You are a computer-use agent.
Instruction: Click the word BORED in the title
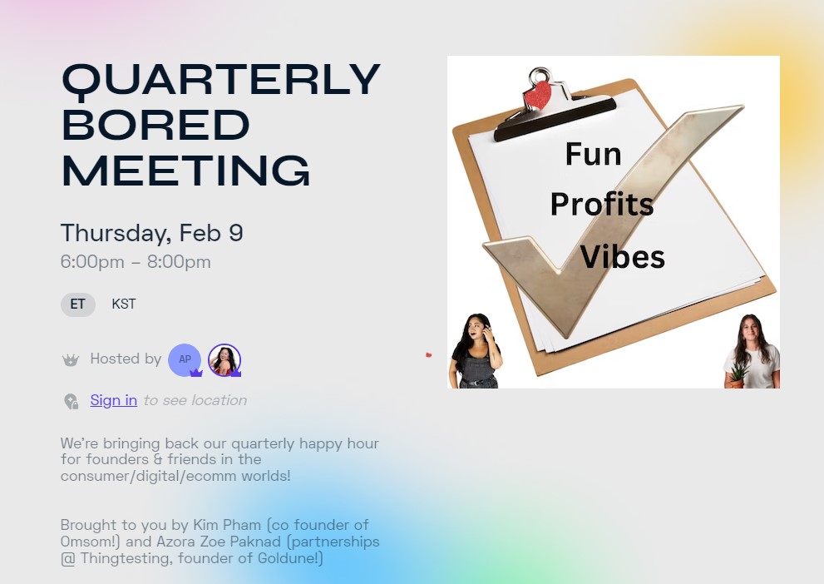coord(155,125)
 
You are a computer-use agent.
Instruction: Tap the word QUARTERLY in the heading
coord(220,81)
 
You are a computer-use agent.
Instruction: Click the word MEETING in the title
coord(186,171)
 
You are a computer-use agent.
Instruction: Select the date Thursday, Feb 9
coord(152,233)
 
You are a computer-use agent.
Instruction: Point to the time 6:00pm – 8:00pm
coord(136,262)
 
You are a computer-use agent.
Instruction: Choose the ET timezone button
coord(78,304)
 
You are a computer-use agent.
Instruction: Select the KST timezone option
coord(124,304)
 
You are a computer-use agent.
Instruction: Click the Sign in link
coord(114,400)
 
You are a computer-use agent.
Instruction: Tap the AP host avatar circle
coord(185,359)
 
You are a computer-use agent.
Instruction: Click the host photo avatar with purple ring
coord(225,359)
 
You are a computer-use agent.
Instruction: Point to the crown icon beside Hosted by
coord(71,360)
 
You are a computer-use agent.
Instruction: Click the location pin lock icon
coord(71,401)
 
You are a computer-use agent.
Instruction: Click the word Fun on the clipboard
coord(594,154)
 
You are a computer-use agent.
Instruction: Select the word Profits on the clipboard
coord(602,204)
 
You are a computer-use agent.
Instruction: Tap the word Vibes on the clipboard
coord(622,256)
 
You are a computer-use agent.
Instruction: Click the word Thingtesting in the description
coord(126,557)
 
